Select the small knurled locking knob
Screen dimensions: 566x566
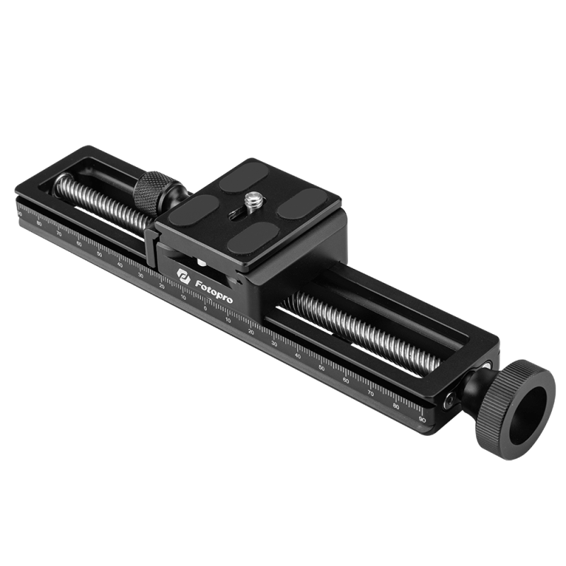[x=150, y=191]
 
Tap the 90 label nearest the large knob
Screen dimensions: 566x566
[x=422, y=420]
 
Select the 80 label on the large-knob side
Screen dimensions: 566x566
[x=397, y=407]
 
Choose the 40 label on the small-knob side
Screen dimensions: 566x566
[x=120, y=264]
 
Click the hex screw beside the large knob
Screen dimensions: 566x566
[x=449, y=400]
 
